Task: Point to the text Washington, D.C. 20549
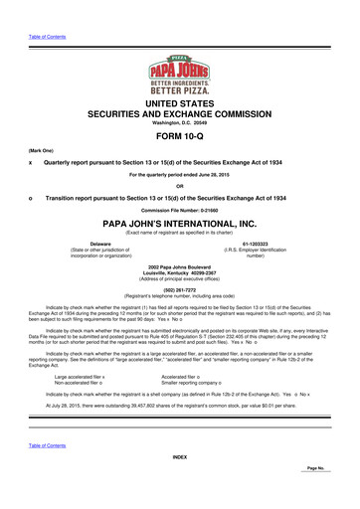(179, 122)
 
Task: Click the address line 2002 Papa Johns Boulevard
(179, 269)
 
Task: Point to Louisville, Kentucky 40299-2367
(179, 276)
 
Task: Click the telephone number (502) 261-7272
(179, 291)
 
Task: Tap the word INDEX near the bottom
(179, 484)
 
